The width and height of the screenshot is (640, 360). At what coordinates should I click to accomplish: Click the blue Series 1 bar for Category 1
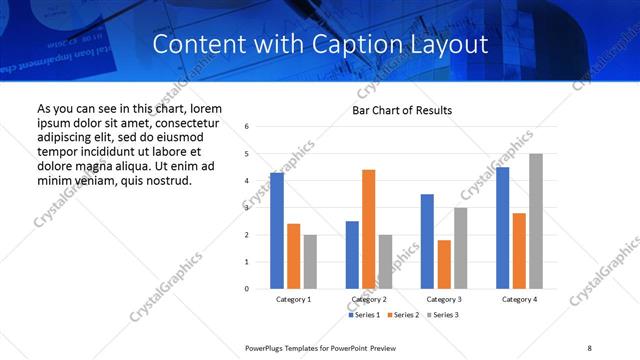[277, 231]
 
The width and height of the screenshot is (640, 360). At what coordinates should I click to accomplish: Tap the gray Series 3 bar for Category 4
[536, 221]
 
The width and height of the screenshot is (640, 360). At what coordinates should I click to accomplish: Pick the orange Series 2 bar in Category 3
[444, 264]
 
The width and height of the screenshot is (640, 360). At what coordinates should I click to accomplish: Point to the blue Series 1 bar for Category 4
[502, 228]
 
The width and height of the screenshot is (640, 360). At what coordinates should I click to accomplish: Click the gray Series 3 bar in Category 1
[310, 262]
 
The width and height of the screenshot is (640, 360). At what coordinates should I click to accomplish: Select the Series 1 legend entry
[364, 315]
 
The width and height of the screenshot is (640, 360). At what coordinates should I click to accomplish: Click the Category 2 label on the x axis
[369, 299]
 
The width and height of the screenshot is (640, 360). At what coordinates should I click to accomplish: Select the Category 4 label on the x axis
[519, 299]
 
